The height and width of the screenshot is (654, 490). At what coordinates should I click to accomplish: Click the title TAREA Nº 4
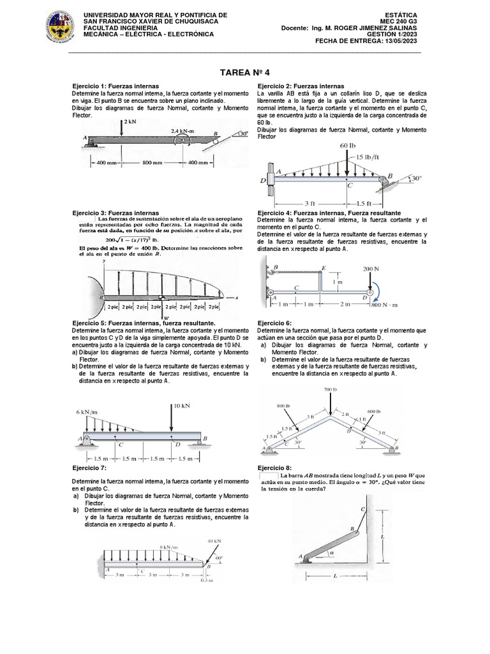click(x=245, y=73)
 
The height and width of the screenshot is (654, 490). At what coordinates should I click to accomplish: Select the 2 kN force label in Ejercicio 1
click(x=130, y=121)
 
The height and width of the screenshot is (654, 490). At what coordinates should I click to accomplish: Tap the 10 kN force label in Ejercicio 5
click(x=182, y=406)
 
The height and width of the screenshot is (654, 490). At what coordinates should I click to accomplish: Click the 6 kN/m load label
click(x=89, y=412)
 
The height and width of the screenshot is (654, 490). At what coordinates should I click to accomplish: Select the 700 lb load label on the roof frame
click(x=330, y=390)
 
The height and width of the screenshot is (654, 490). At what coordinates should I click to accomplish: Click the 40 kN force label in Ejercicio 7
click(x=214, y=540)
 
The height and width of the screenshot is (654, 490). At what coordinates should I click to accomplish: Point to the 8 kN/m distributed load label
click(x=168, y=547)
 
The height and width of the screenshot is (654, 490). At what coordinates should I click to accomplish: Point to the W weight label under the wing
click(x=165, y=317)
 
